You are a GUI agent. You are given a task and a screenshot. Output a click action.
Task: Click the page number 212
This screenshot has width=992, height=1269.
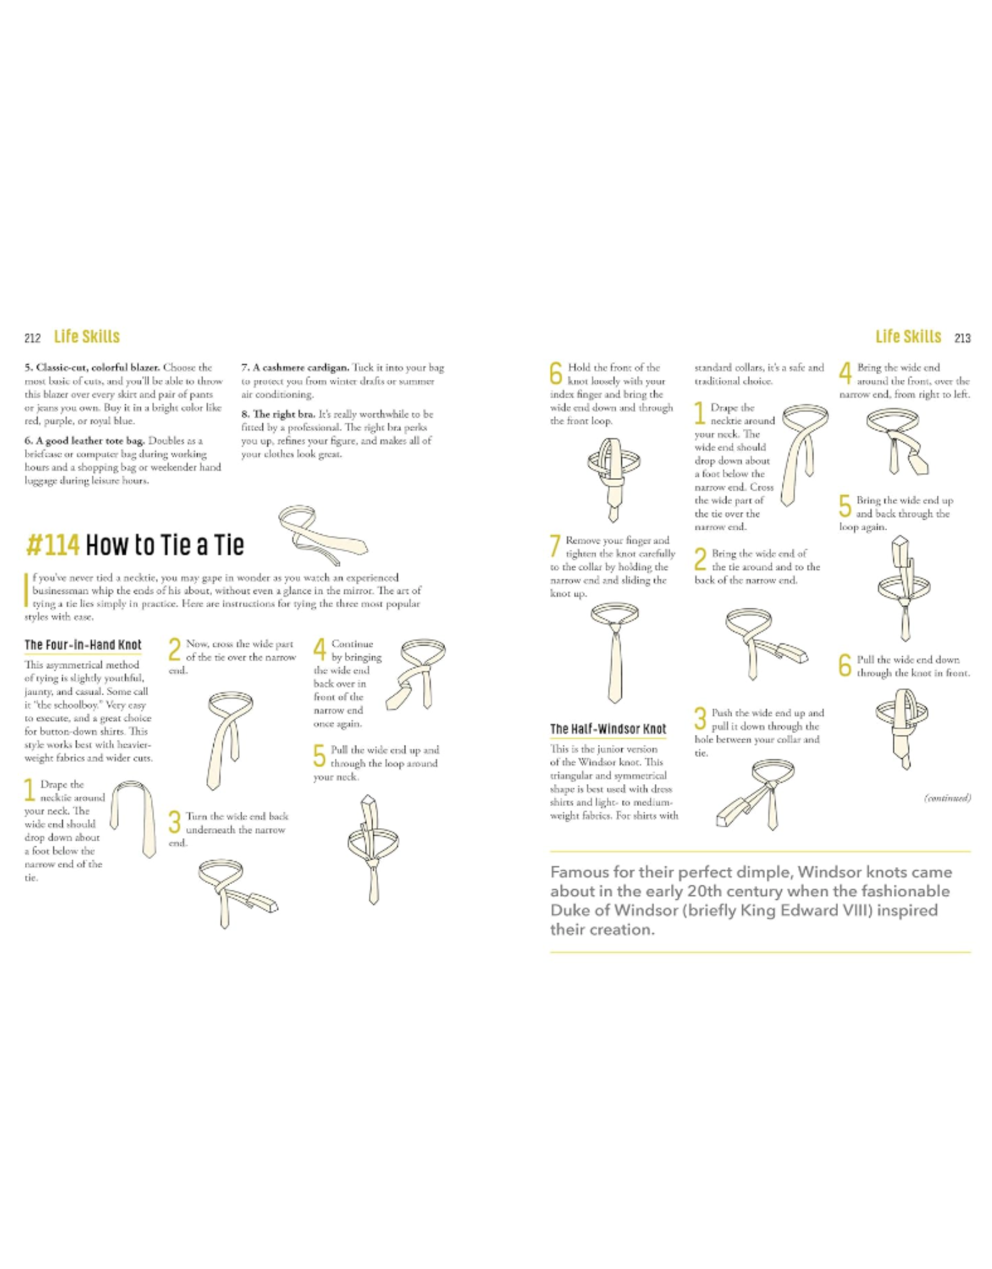coord(32,338)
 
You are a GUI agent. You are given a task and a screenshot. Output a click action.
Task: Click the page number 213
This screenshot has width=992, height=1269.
coord(962,338)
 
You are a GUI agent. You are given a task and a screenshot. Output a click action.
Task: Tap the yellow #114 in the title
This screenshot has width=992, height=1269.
coord(53,545)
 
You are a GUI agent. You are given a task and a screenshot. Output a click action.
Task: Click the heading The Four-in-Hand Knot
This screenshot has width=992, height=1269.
coord(83,645)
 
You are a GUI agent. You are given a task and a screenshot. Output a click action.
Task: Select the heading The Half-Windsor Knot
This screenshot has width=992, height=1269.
coord(608,729)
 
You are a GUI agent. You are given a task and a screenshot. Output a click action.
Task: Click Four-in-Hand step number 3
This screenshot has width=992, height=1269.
coord(175,822)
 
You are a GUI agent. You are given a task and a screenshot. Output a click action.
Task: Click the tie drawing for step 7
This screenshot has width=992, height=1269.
coord(614,653)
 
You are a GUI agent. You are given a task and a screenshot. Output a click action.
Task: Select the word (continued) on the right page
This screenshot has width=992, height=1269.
coord(947,797)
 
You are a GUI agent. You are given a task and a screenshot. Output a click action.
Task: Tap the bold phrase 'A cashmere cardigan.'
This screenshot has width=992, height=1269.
coord(295,367)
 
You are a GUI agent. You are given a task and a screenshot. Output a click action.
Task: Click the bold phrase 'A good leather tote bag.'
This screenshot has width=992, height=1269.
coord(85,441)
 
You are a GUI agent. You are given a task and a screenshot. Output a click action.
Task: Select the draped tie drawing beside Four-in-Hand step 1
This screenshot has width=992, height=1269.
coord(133,819)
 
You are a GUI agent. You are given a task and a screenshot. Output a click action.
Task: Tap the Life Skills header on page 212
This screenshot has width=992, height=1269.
coord(87,337)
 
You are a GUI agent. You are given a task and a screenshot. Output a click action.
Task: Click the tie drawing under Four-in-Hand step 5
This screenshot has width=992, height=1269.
coord(373,850)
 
